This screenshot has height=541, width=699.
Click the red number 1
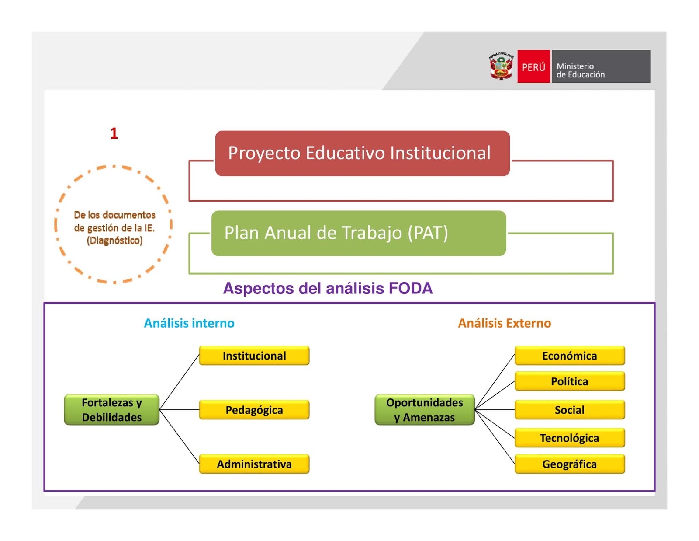pos(114,133)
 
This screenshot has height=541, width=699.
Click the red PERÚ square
pos(533,66)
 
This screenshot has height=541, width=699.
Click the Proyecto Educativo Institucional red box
pos(362,154)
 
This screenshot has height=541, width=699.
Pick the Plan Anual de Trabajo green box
pos(358,233)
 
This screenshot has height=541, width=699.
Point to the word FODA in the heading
pos(410,289)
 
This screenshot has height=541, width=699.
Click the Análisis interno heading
pos(189,323)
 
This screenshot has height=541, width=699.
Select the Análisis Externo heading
pos(504,323)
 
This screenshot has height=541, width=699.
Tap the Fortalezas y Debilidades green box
pos(112,410)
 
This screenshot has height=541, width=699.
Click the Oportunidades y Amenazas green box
pos(424,410)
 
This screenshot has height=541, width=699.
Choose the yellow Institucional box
pos(254,356)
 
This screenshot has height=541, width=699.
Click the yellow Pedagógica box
pos(254,410)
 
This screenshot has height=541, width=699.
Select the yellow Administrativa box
pos(254,464)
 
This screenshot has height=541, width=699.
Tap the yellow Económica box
pos(569,356)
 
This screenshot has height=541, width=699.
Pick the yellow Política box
pos(569,381)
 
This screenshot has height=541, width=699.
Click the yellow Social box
pos(569,410)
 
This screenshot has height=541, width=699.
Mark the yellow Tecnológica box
pos(569,438)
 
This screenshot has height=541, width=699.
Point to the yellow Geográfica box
pos(569,464)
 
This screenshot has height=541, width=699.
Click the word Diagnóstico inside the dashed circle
pos(114,241)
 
